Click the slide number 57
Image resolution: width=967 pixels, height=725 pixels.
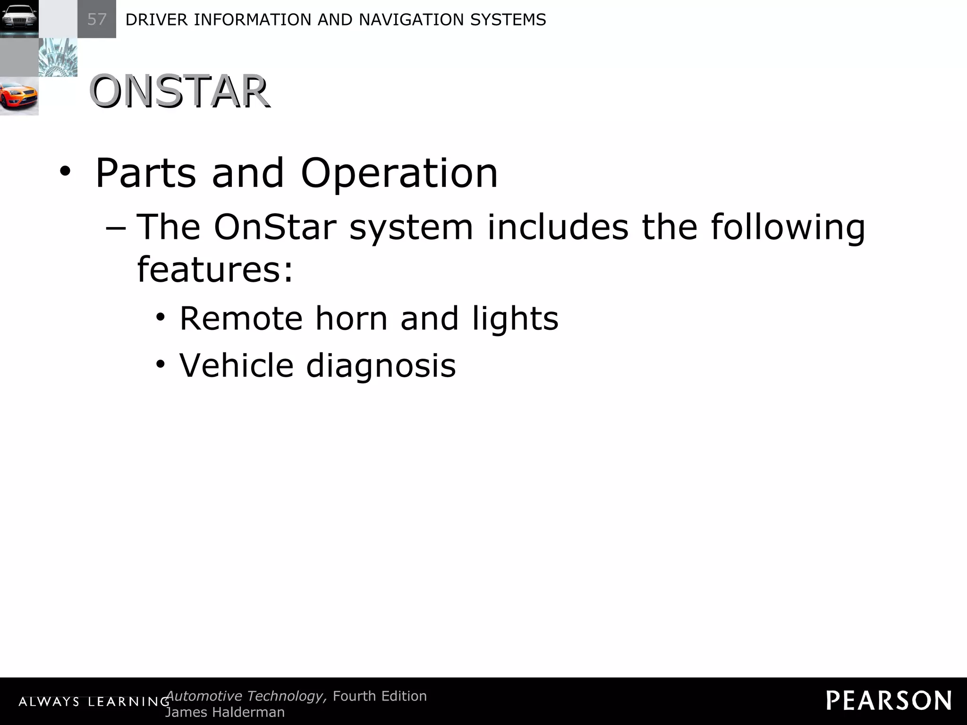[97, 19]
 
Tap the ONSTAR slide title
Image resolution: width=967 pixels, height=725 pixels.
[179, 92]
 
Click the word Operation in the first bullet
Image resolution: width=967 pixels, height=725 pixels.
[399, 173]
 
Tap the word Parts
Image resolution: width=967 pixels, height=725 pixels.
[145, 173]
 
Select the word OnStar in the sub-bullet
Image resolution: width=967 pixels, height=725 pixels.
[275, 227]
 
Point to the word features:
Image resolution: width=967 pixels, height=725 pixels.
[215, 269]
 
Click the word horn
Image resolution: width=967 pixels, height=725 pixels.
[351, 318]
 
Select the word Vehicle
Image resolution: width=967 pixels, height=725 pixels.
[236, 365]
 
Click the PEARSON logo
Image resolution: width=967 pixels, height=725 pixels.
[889, 701]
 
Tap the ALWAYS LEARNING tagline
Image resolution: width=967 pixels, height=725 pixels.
[93, 702]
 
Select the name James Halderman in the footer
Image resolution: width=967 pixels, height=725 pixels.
[225, 712]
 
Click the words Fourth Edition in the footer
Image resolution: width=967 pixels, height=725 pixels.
[380, 696]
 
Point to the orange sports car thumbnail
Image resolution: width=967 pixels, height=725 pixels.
[19, 96]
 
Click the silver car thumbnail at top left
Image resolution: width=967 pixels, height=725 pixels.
[19, 19]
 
